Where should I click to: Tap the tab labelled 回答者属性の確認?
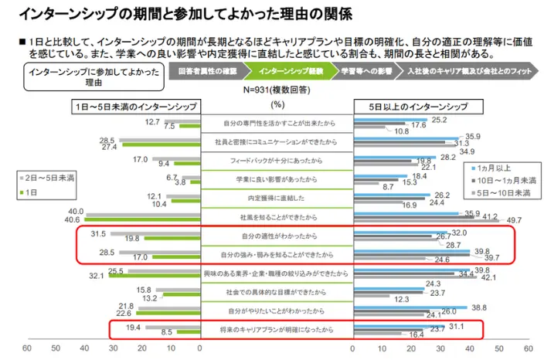[208, 70]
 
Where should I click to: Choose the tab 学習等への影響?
[366, 70]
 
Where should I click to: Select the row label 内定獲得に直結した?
[277, 198]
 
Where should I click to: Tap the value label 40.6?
[76, 219]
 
